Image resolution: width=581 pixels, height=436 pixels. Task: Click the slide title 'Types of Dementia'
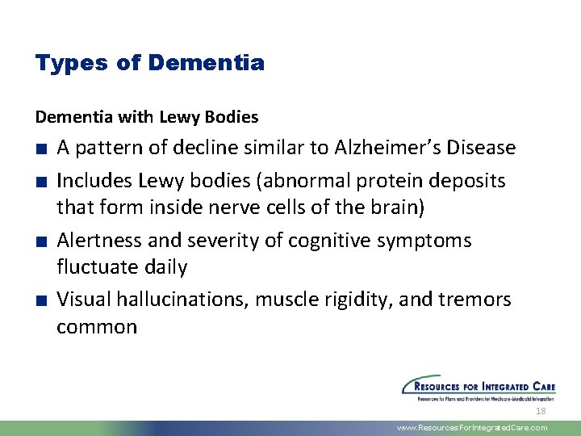(x=149, y=63)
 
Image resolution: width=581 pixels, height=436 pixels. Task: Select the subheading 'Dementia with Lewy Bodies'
(x=147, y=117)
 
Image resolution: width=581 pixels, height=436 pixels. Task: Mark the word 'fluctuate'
(x=97, y=267)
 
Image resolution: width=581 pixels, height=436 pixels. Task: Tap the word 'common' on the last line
(x=97, y=327)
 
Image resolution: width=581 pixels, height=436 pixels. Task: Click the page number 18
(x=541, y=411)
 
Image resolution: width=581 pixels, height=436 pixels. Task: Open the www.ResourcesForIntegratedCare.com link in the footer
(x=472, y=428)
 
